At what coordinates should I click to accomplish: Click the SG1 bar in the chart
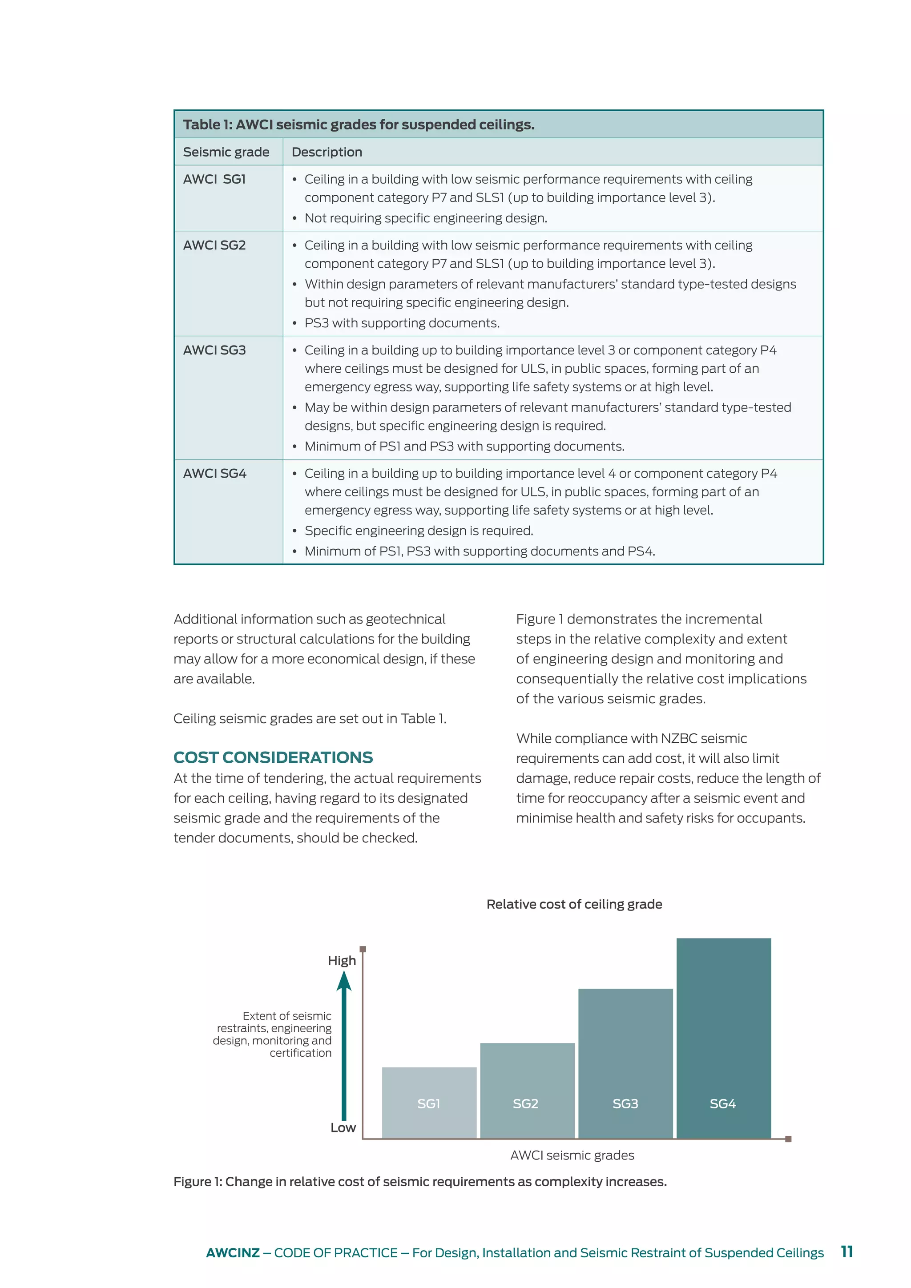(x=429, y=1103)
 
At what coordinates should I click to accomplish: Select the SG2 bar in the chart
(x=527, y=1091)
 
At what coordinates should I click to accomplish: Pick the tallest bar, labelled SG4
(x=724, y=1038)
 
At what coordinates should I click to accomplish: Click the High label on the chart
(x=342, y=960)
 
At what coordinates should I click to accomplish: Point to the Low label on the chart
(x=343, y=1127)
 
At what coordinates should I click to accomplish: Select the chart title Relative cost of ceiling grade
(x=574, y=904)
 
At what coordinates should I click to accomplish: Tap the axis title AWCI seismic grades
(x=572, y=1155)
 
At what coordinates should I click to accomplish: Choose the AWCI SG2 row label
(x=214, y=245)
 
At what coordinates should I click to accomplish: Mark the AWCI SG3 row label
(x=214, y=350)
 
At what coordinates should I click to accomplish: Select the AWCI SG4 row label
(x=214, y=474)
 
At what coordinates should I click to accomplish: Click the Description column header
(x=327, y=152)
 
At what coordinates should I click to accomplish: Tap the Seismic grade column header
(x=226, y=152)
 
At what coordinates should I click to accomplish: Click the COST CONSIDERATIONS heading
(x=273, y=757)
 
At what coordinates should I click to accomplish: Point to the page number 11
(x=847, y=1252)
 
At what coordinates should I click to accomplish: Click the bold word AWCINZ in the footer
(x=233, y=1253)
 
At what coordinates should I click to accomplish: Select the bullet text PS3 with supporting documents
(x=402, y=323)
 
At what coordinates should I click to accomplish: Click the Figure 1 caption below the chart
(x=419, y=1181)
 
